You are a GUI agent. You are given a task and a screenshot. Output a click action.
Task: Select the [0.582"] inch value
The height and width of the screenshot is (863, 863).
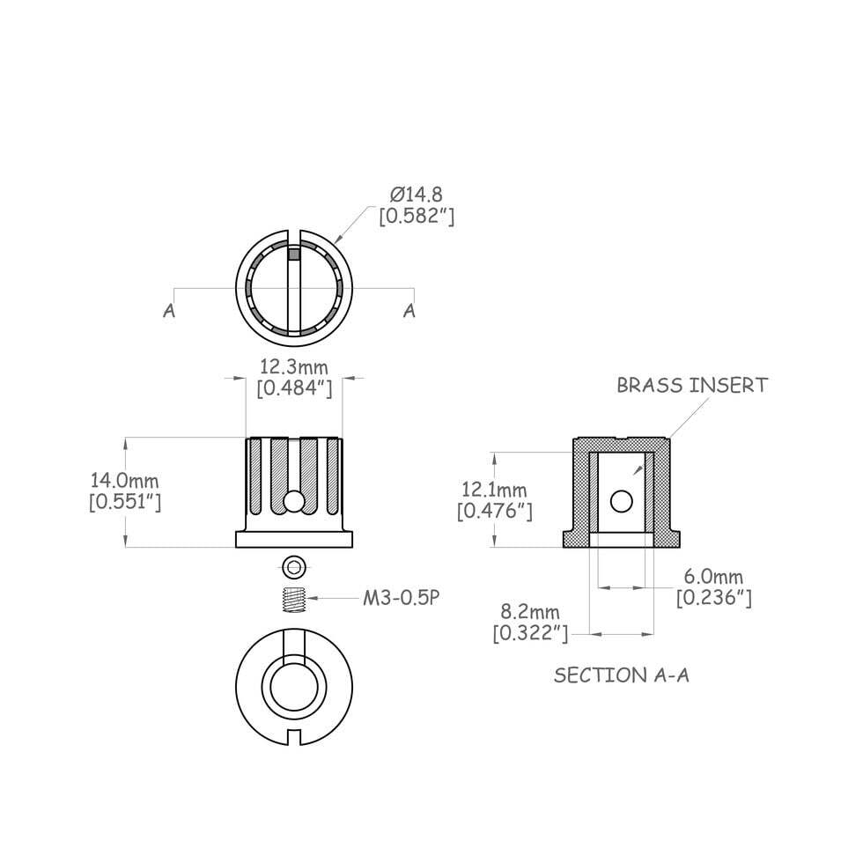click(416, 216)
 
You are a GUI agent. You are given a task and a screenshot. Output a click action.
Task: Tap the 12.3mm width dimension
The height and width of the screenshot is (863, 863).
click(293, 365)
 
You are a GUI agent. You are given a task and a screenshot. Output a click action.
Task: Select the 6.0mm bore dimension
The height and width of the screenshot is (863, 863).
click(713, 577)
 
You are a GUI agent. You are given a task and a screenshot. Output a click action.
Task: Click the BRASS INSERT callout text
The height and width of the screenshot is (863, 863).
click(691, 385)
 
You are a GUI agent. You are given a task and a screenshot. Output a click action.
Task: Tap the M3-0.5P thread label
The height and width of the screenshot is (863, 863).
click(401, 598)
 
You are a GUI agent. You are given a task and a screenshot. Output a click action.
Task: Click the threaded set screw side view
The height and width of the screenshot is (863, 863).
click(293, 600)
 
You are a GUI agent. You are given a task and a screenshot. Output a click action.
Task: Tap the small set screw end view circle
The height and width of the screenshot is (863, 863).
click(293, 565)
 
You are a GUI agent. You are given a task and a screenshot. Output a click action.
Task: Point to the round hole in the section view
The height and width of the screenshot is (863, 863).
click(622, 501)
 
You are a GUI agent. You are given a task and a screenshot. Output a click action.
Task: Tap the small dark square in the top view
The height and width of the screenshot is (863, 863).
click(294, 255)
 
